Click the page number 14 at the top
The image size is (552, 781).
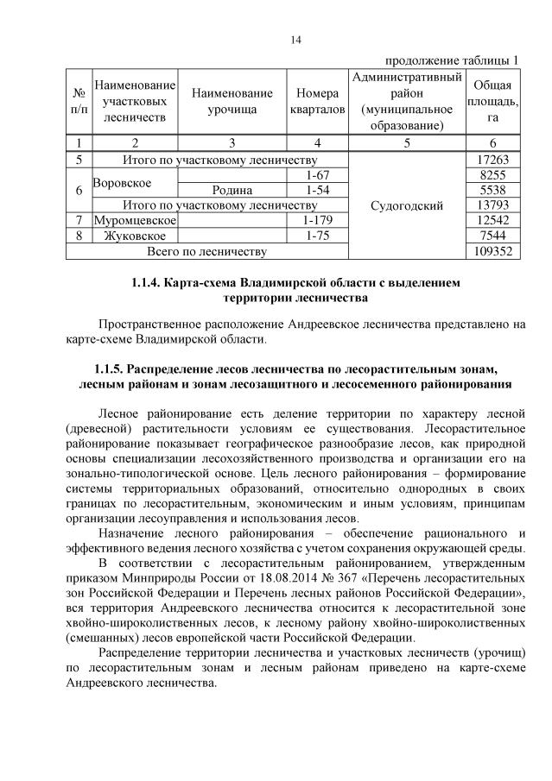pyautogui.click(x=276, y=41)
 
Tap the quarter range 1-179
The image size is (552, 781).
pyautogui.click(x=318, y=221)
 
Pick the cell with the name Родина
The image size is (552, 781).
pyautogui.click(x=232, y=191)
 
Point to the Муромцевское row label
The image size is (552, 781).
pyautogui.click(x=134, y=221)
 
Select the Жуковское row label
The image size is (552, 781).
pyautogui.click(x=134, y=236)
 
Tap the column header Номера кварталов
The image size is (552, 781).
pyautogui.click(x=318, y=102)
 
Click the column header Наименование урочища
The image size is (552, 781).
pyautogui.click(x=232, y=102)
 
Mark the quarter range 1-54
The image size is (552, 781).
pyautogui.click(x=318, y=191)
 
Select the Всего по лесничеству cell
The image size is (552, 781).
pyautogui.click(x=207, y=251)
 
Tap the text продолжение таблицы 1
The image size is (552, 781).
pyautogui.click(x=452, y=60)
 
